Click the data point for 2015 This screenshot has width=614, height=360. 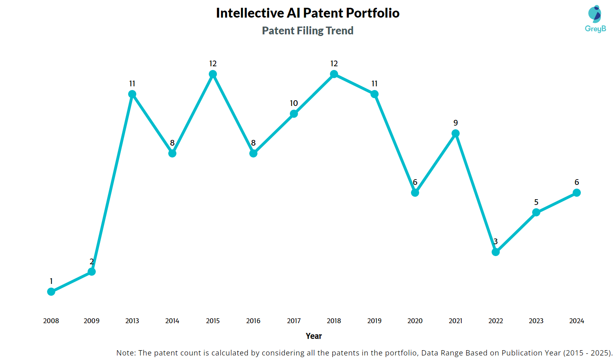coord(213,74)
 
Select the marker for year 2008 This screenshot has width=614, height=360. coord(51,292)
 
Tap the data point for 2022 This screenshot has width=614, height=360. coord(496,252)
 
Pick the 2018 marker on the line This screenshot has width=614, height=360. coord(334,74)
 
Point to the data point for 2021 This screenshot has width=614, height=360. coord(456,133)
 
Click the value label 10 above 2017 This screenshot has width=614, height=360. coord(294,103)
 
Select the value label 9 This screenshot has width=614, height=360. coord(456,123)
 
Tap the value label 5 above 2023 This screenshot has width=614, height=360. coord(536,202)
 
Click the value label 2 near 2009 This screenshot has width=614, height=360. coord(92,261)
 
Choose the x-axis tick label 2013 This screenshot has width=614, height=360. coord(132,321)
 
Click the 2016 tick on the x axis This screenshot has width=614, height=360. coord(253,321)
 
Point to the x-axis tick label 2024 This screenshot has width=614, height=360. coord(577,321)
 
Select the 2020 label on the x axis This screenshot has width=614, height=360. coord(415,321)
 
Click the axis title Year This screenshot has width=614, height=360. coord(314,336)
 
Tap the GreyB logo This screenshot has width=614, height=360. coord(595,19)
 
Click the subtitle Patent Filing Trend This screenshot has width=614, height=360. coord(307,31)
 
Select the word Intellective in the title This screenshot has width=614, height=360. coord(250,13)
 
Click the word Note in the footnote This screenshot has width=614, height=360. coord(125,353)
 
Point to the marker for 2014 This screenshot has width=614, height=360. coord(172,153)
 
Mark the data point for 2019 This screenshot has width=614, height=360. coord(375,94)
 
